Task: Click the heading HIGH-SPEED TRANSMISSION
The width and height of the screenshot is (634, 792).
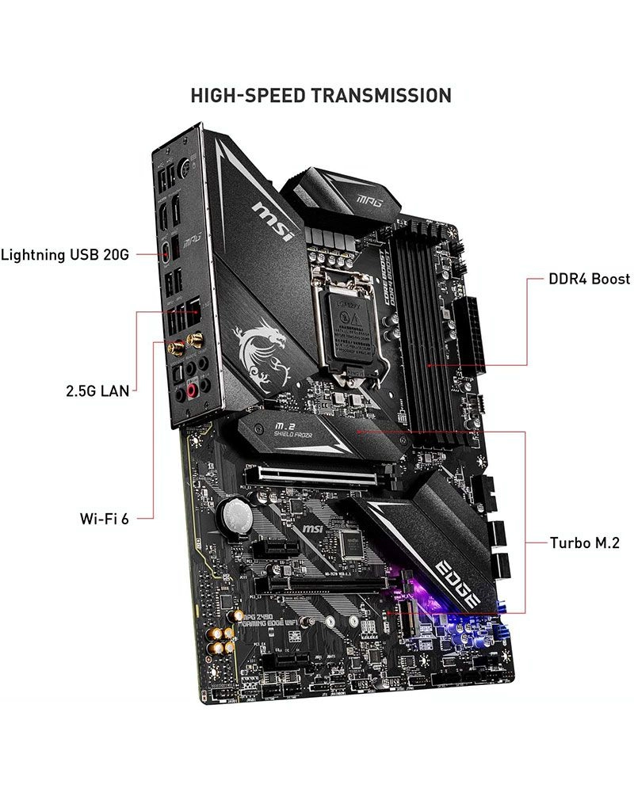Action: click(321, 95)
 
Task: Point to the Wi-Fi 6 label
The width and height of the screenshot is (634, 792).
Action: click(104, 519)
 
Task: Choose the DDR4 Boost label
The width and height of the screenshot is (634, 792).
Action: click(590, 279)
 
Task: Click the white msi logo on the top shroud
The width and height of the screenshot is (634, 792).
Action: click(273, 219)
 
